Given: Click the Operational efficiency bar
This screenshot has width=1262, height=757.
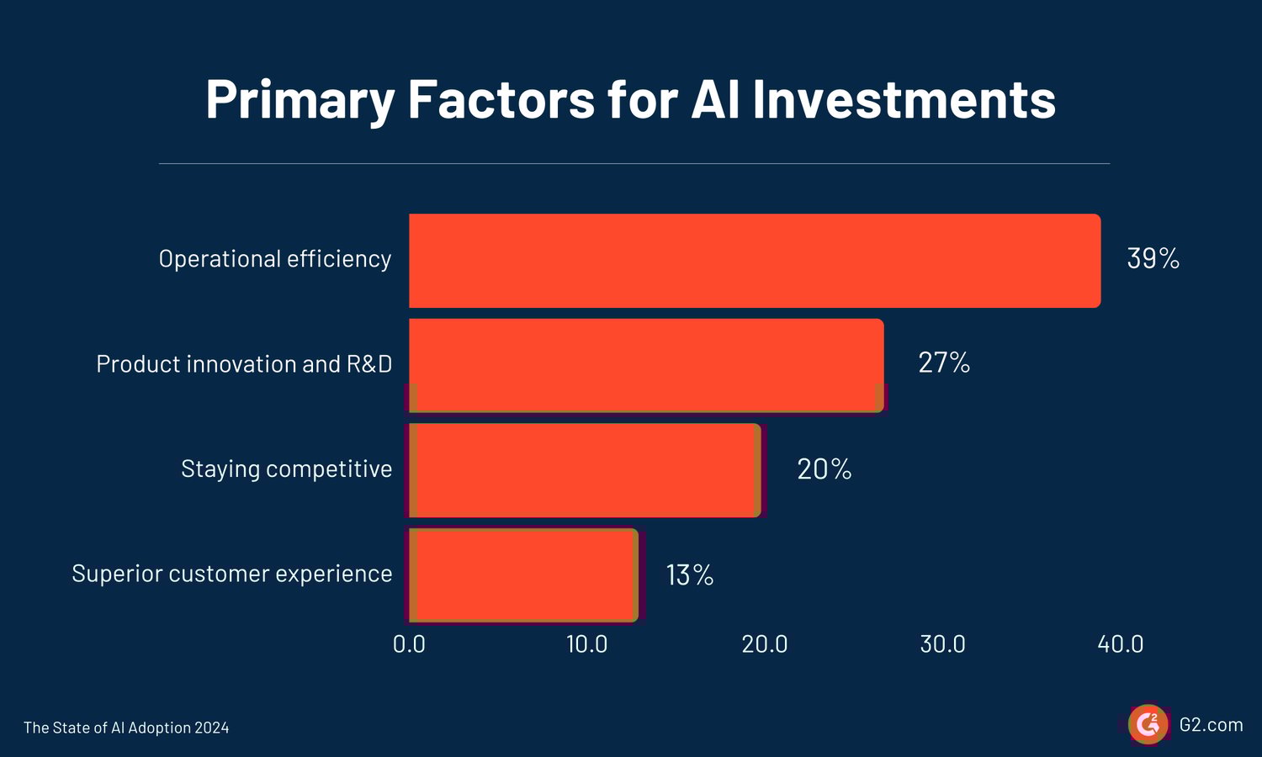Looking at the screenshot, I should click(x=755, y=261).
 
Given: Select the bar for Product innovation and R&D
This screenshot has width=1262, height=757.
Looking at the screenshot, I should click(x=646, y=365).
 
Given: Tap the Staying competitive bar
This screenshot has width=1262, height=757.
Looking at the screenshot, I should click(x=585, y=470).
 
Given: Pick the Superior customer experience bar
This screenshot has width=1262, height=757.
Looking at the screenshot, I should click(x=523, y=575).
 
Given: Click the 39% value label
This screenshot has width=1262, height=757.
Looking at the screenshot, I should click(x=1153, y=259).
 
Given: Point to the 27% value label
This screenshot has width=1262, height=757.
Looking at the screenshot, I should click(x=944, y=363).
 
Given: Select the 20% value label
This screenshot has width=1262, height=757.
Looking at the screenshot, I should click(x=824, y=469).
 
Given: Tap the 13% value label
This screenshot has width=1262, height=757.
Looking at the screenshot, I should click(x=690, y=575).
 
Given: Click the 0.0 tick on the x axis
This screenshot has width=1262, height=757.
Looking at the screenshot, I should click(x=409, y=644).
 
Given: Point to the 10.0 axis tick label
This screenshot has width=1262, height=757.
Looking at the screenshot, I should click(x=586, y=644).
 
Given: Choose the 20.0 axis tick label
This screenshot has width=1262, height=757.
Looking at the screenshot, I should click(x=765, y=644).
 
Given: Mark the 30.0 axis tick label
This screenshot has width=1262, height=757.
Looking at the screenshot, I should click(x=942, y=644).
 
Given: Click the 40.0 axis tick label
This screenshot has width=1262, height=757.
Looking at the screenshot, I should click(x=1121, y=644).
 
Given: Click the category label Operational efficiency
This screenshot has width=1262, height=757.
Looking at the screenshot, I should click(x=275, y=259).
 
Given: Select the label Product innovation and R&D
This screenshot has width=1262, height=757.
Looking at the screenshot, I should click(x=244, y=364).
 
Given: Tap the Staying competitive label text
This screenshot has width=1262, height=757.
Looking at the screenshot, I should click(x=286, y=469).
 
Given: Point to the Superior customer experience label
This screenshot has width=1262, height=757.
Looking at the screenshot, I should click(x=232, y=574).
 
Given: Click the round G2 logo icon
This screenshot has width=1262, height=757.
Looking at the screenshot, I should click(x=1148, y=724).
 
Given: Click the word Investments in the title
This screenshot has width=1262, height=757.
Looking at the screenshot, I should click(x=904, y=99).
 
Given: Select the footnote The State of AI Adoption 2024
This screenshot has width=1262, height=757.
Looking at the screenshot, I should click(x=126, y=728).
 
